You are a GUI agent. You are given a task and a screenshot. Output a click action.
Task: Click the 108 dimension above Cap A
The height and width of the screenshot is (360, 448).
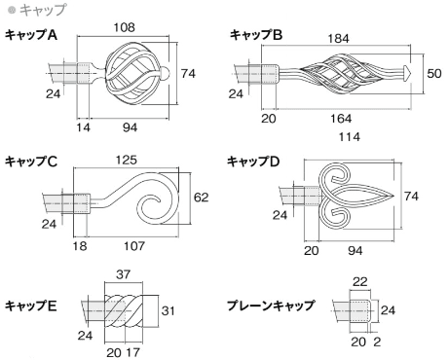124,27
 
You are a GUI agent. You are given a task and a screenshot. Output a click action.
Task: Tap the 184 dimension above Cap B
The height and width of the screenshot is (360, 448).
338,39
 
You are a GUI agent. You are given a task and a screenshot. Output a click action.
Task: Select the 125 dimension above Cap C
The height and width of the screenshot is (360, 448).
127,160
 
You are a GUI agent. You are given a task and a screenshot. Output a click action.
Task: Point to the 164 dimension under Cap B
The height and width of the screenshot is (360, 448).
341,119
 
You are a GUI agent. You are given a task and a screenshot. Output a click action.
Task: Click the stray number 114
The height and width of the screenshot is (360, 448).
350,137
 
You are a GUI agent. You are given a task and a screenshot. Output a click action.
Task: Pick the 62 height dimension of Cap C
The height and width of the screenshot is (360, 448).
201,198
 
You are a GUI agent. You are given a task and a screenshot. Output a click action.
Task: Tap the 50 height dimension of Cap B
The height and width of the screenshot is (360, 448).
434,73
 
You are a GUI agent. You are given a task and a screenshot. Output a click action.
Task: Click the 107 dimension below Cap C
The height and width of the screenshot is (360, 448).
133,246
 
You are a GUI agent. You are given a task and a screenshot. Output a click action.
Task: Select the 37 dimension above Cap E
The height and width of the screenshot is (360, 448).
123,274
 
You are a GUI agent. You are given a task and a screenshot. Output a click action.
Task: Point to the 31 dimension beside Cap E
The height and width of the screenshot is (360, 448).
168,310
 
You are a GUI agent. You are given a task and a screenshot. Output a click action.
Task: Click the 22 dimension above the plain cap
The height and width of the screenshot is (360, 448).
360,281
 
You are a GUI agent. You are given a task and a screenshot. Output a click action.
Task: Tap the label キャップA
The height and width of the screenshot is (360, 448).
31,35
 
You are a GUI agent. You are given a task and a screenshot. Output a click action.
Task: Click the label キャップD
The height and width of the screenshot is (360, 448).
253,162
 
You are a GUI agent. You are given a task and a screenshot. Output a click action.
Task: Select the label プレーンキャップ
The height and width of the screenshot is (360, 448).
271,306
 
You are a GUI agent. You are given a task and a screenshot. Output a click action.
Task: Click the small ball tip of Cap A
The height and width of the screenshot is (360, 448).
166,74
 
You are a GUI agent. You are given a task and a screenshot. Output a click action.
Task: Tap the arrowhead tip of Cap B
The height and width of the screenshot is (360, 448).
407,73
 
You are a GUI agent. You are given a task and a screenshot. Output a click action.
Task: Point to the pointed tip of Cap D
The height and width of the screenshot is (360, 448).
393,197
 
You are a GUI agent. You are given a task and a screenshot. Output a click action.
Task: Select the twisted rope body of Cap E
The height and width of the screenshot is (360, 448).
124,310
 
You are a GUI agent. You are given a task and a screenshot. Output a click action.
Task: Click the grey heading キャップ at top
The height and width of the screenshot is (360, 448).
43,10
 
